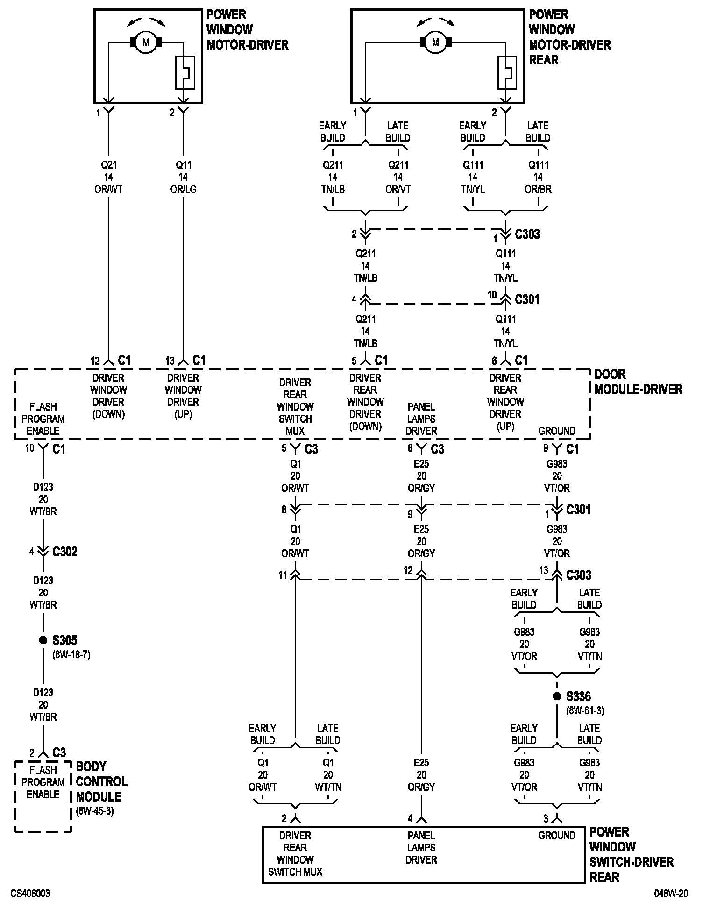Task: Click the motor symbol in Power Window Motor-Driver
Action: pyautogui.click(x=146, y=43)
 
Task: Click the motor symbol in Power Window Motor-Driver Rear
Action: pyautogui.click(x=435, y=43)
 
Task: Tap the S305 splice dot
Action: pyautogui.click(x=43, y=640)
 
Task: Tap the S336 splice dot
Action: pyautogui.click(x=557, y=696)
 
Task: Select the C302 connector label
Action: pyautogui.click(x=64, y=552)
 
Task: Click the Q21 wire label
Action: pyautogui.click(x=108, y=165)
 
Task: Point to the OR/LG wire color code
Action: pyautogui.click(x=183, y=189)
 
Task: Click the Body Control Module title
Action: pyautogui.click(x=101, y=781)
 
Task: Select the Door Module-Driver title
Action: pyautogui.click(x=638, y=382)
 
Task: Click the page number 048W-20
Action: pyautogui.click(x=671, y=894)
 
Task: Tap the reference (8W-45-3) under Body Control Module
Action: pyautogui.click(x=95, y=811)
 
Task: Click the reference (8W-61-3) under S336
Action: pyautogui.click(x=585, y=711)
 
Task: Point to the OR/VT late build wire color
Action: pyautogui.click(x=398, y=189)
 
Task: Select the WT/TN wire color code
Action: pyautogui.click(x=328, y=787)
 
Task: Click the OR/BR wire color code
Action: pyautogui.click(x=538, y=189)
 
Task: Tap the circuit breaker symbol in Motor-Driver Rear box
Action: pyautogui.click(x=507, y=72)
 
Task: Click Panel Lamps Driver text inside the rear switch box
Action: pyautogui.click(x=421, y=848)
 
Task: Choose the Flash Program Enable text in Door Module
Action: pyautogui.click(x=43, y=419)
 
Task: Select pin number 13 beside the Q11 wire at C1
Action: pyautogui.click(x=170, y=361)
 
